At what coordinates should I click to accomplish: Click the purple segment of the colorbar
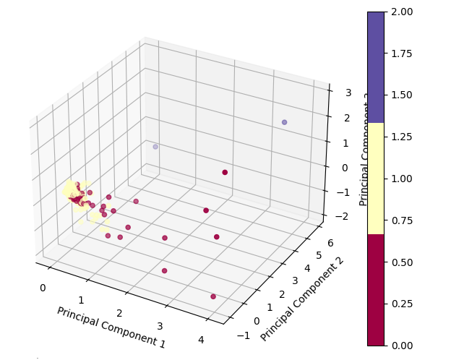click(x=376, y=67)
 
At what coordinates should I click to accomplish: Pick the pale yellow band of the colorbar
click(x=376, y=178)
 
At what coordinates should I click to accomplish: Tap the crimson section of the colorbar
click(x=376, y=289)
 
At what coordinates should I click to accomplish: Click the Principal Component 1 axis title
click(x=111, y=327)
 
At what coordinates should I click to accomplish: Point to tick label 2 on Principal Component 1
click(x=120, y=313)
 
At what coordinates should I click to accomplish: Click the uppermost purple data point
click(x=284, y=122)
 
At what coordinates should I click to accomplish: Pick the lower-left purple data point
click(x=155, y=147)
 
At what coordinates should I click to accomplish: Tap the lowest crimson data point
click(x=212, y=296)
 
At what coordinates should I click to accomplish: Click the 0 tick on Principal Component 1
click(x=43, y=288)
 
